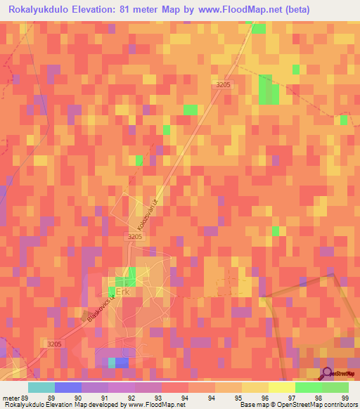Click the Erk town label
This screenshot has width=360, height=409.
[x=124, y=291]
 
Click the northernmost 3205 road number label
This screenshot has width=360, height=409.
[x=223, y=84]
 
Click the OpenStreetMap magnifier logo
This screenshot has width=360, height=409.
[x=326, y=374]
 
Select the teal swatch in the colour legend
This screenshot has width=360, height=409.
[x=41, y=387]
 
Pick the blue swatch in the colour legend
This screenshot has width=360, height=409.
[x=67, y=387]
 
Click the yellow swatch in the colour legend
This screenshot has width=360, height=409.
[x=281, y=387]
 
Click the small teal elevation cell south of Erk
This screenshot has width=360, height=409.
[x=111, y=363]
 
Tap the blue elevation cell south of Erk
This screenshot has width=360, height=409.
[x=122, y=363]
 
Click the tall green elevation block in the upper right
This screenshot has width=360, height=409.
[x=268, y=89]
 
